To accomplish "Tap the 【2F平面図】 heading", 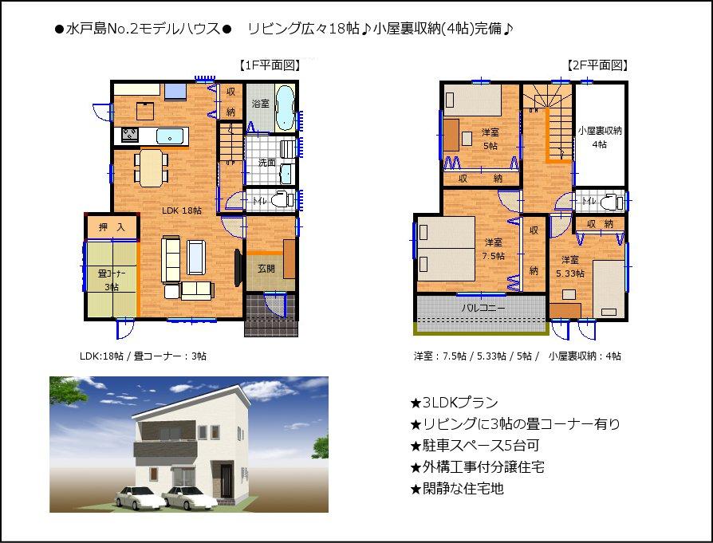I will [597, 66].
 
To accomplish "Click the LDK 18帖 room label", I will [182, 211].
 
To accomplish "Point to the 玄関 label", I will [266, 268].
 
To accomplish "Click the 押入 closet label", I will [112, 228].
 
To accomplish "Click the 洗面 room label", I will [266, 163].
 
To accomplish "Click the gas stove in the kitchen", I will [130, 135].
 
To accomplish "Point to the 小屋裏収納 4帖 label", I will [600, 137].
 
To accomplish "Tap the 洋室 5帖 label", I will [490, 139].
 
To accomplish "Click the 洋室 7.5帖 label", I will [493, 249].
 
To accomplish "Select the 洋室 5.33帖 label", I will [569, 266].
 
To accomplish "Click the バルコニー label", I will [480, 307].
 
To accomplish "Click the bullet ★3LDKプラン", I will [453, 403].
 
